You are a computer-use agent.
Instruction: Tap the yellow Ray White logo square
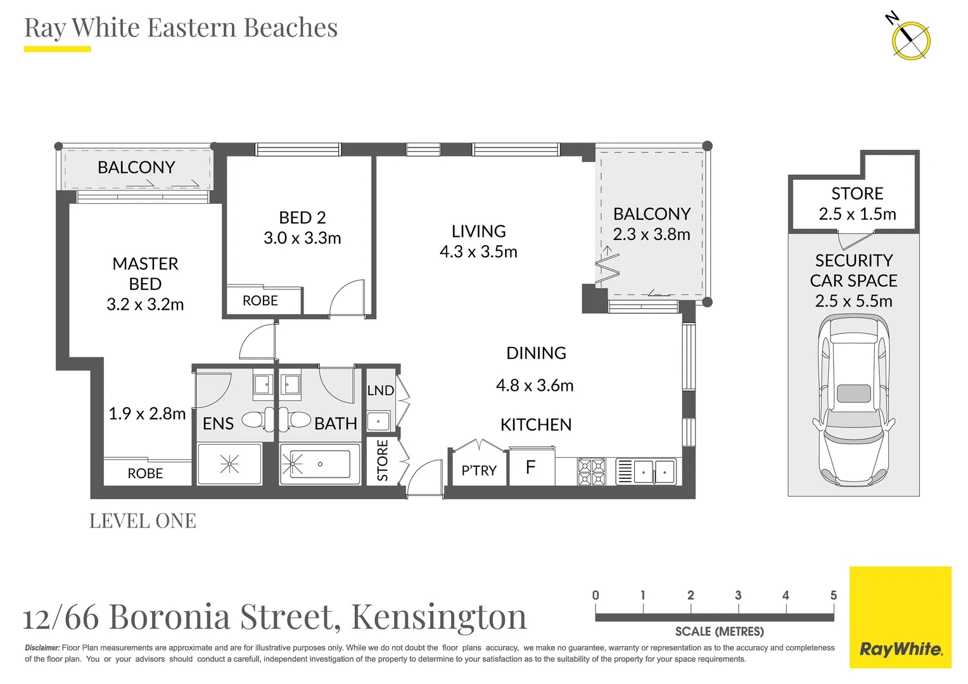click(900, 617)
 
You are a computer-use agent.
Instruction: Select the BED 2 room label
click(302, 218)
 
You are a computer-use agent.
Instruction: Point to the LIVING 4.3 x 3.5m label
click(478, 241)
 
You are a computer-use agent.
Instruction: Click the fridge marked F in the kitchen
click(532, 468)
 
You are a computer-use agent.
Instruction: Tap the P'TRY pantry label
click(479, 471)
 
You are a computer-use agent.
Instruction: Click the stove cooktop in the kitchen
click(591, 472)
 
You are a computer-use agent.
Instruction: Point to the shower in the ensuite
click(229, 465)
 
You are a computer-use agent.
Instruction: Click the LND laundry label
click(380, 391)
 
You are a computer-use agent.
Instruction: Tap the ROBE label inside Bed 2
click(260, 301)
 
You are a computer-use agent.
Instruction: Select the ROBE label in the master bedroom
click(145, 474)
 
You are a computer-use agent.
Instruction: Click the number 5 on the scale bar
click(833, 595)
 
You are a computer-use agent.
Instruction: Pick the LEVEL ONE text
click(143, 521)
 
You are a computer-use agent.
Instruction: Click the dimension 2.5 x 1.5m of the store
click(857, 214)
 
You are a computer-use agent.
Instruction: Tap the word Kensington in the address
click(438, 616)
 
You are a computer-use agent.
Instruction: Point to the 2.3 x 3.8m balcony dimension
click(651, 234)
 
